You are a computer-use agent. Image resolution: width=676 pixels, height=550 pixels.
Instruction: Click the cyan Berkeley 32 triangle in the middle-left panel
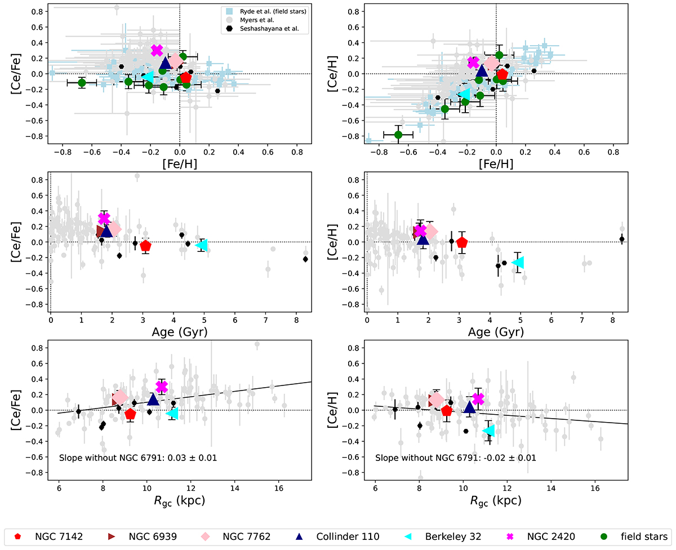coord(202,245)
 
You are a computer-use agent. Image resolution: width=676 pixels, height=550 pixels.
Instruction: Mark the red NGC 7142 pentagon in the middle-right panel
coord(462,242)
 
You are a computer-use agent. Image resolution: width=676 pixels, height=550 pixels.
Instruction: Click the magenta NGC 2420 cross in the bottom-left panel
coord(162,386)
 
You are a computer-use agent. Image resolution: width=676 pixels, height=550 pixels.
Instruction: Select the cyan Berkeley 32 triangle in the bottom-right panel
coord(488,431)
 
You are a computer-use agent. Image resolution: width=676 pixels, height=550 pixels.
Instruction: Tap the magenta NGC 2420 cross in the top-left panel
coord(157,50)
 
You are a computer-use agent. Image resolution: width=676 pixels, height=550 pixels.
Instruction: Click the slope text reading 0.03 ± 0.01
coord(138,458)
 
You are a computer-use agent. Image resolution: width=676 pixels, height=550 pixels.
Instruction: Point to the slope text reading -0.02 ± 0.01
coord(456,458)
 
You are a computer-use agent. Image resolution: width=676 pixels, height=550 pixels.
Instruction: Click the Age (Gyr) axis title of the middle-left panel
coord(179,331)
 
